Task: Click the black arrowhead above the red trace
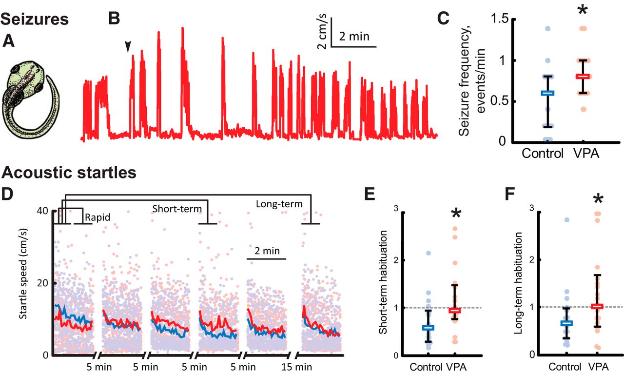click(x=128, y=46)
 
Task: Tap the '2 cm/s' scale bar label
click(x=322, y=33)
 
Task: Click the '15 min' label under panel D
click(x=301, y=366)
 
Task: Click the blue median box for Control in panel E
click(x=429, y=328)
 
